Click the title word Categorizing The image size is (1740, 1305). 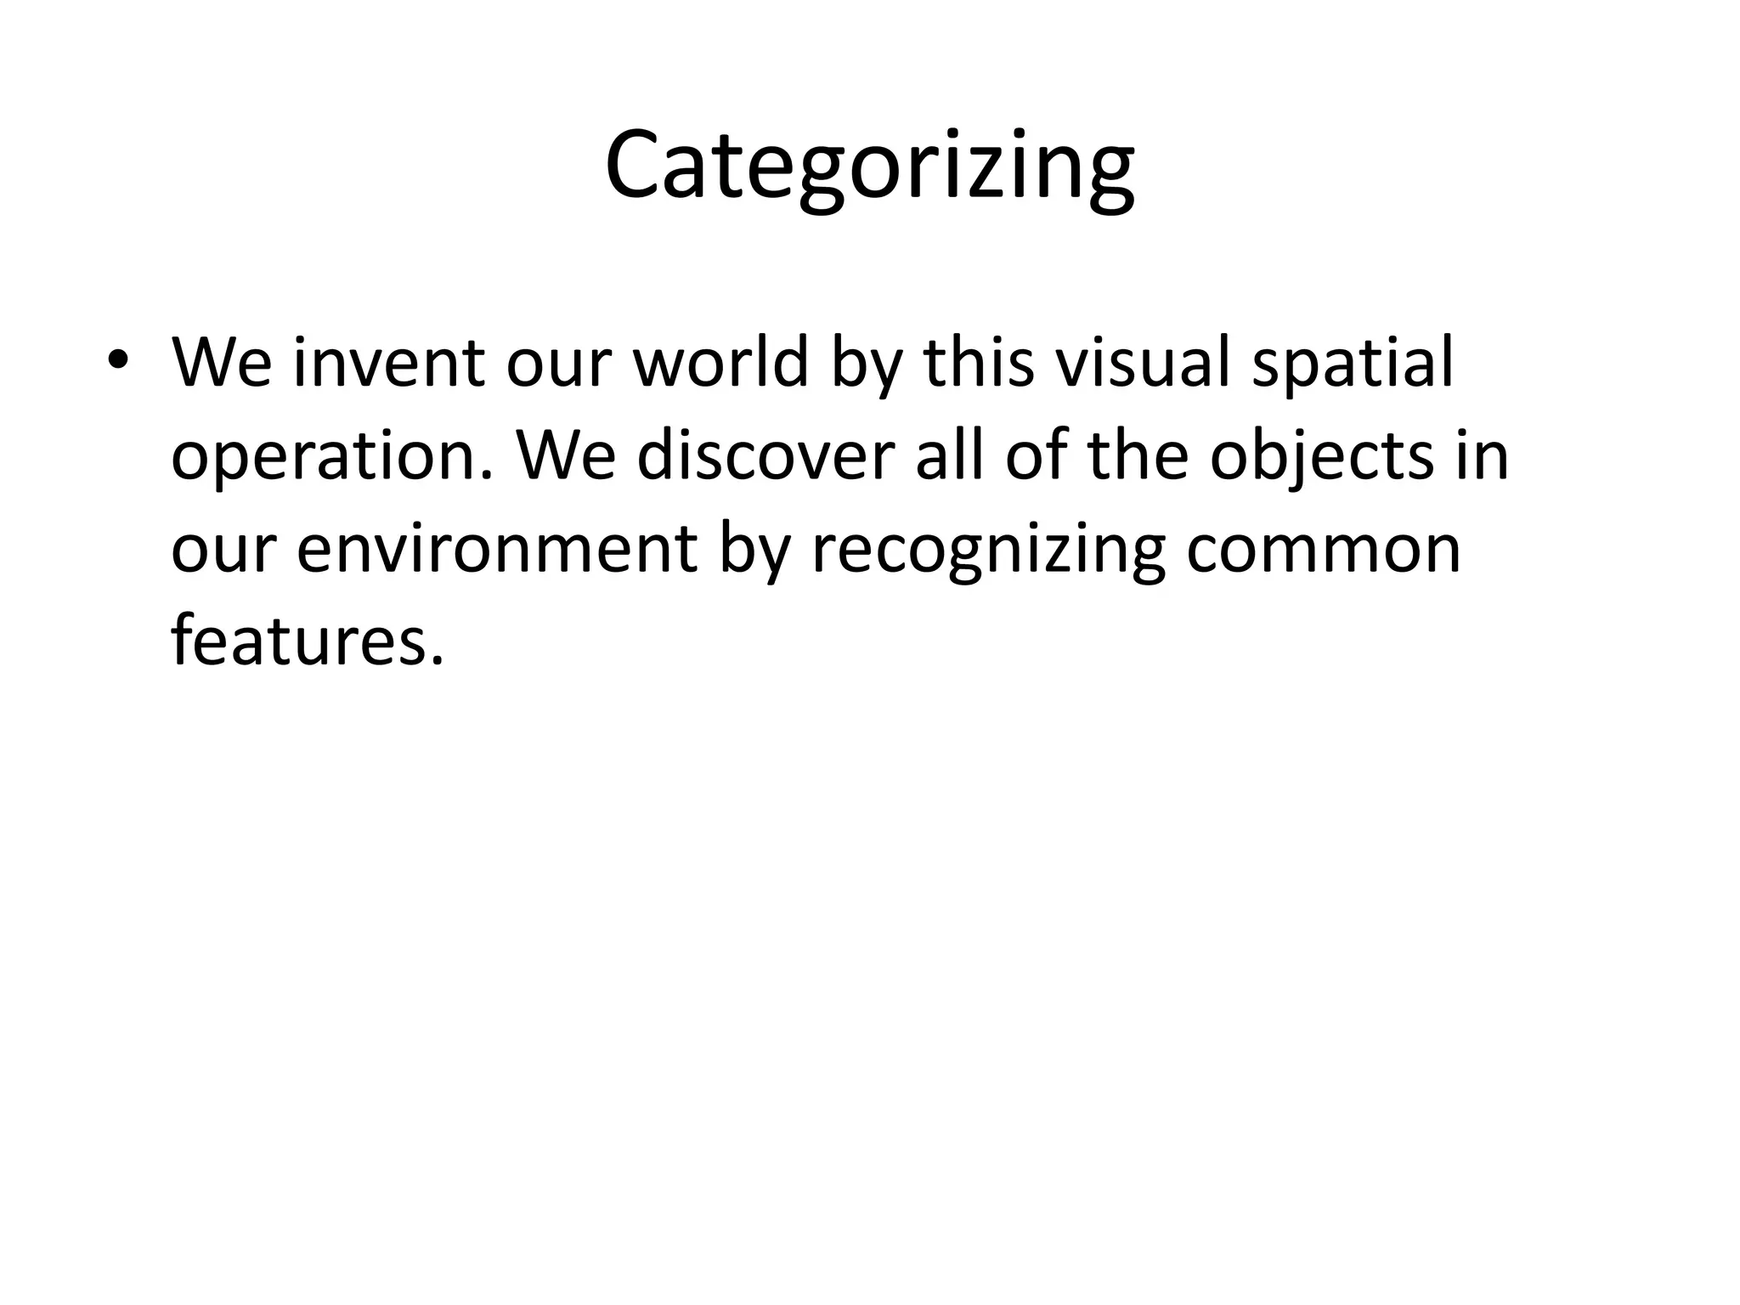coord(869,166)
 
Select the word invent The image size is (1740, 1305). coord(388,363)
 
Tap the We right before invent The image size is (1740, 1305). coord(223,363)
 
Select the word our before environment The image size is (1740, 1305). coord(223,551)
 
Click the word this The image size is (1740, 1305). coord(979,363)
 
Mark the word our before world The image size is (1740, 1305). coord(558,364)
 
